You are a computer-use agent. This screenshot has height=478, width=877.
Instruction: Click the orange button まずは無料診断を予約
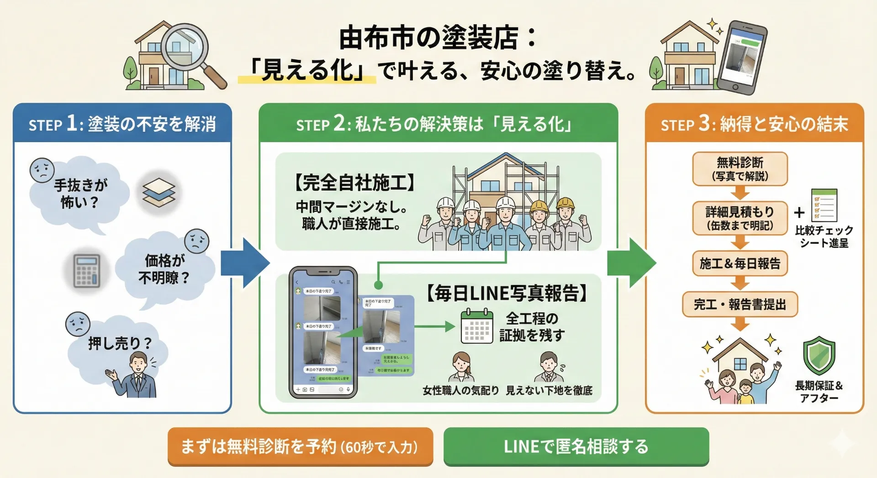(300, 446)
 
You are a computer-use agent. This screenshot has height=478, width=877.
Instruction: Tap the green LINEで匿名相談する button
(576, 446)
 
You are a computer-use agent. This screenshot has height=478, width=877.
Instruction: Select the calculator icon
(87, 270)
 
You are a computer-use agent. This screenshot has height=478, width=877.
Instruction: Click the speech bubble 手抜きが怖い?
(80, 194)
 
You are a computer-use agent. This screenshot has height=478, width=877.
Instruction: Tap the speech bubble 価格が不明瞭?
(164, 269)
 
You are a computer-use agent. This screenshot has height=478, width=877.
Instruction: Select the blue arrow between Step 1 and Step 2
(244, 263)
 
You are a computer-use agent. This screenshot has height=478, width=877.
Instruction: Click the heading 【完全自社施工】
(354, 183)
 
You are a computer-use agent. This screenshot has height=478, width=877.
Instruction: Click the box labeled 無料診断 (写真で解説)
(740, 169)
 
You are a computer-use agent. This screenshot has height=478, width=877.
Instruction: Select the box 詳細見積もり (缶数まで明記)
(740, 218)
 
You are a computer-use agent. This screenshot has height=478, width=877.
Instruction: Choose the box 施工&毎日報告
(740, 263)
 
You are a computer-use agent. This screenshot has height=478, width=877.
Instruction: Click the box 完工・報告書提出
(740, 305)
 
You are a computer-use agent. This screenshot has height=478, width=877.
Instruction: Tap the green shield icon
(819, 356)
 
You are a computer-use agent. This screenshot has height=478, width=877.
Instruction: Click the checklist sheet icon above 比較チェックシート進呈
(824, 205)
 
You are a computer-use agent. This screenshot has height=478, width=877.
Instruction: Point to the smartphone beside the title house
(742, 57)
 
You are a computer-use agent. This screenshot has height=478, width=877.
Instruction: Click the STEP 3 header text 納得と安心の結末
(784, 124)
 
